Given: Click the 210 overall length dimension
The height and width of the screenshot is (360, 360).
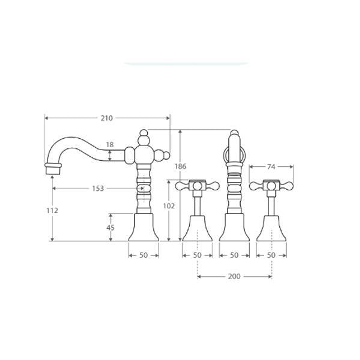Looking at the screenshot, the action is [x=107, y=118].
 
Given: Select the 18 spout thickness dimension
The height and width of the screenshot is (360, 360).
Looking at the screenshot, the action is [x=110, y=145].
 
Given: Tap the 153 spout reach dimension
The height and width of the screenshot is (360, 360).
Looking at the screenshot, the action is [x=98, y=188].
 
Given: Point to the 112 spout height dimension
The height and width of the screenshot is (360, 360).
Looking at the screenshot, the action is [x=52, y=211].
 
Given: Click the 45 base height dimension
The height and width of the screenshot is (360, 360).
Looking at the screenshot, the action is [x=110, y=228].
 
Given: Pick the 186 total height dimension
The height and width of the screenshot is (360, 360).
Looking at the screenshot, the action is [x=180, y=166].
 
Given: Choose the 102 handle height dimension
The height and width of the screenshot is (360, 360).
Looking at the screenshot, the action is [x=169, y=206].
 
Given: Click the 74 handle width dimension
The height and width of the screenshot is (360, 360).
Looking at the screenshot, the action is [x=271, y=167].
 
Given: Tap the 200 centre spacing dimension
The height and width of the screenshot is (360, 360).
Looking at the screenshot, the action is [x=234, y=276].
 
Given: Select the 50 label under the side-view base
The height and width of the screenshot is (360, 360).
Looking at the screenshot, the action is [x=143, y=255].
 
